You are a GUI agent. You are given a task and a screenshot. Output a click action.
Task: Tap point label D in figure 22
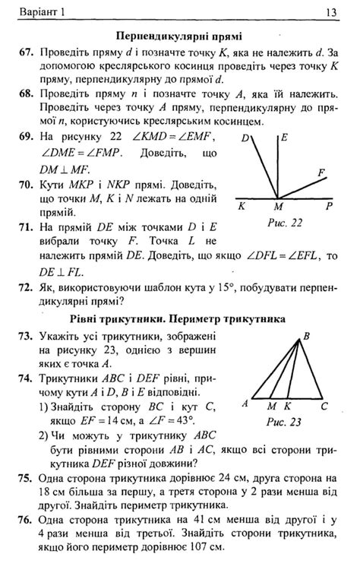[246, 139]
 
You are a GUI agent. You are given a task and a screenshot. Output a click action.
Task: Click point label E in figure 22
[283, 138]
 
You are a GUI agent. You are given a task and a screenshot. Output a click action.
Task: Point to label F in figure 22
[322, 173]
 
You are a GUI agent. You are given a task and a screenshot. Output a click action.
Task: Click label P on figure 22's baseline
[329, 205]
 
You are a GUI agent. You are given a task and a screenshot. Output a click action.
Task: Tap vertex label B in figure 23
[306, 335]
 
